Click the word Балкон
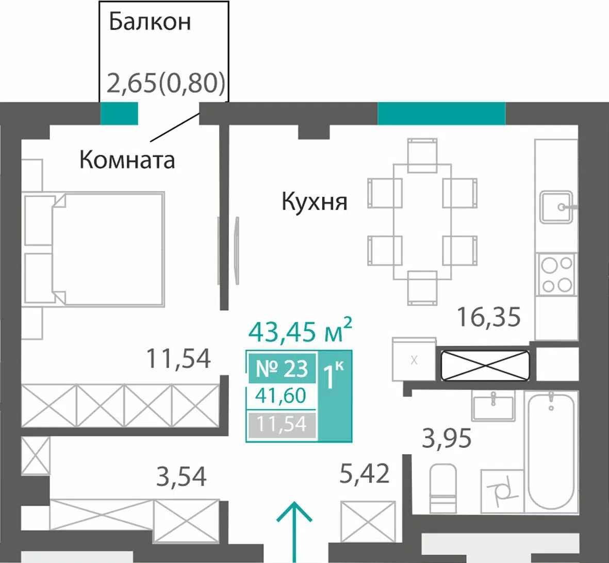150,22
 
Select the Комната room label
127,159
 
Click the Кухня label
314,202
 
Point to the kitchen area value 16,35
489,317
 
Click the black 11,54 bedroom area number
178,358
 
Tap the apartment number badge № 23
283,368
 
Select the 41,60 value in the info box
281,396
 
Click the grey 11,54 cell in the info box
282,424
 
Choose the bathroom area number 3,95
447,439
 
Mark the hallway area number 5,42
364,474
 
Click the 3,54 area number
181,477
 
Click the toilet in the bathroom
443,488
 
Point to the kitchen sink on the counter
557,207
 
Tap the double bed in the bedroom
93,249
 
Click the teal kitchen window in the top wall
441,113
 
